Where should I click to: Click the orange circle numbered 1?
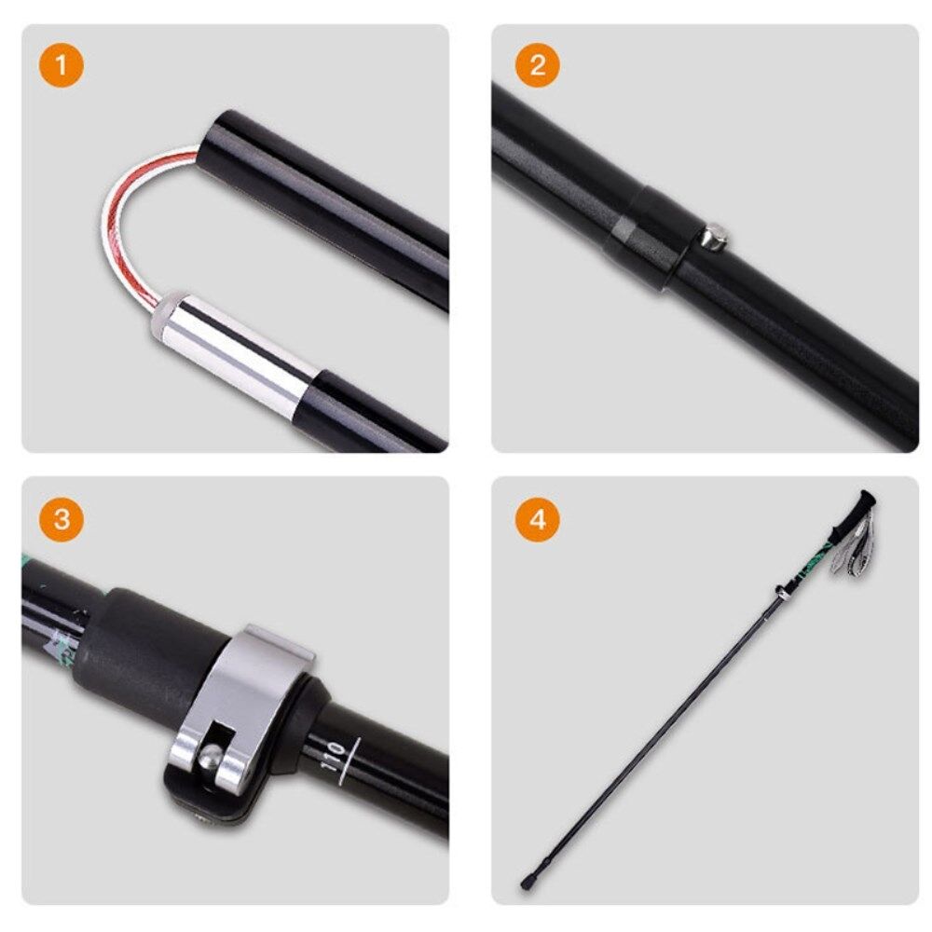click(x=62, y=65)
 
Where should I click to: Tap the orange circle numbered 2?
click(x=538, y=65)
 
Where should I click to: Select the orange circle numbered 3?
click(x=62, y=519)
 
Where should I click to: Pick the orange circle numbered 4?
click(x=538, y=519)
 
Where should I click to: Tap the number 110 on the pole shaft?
click(x=333, y=757)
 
